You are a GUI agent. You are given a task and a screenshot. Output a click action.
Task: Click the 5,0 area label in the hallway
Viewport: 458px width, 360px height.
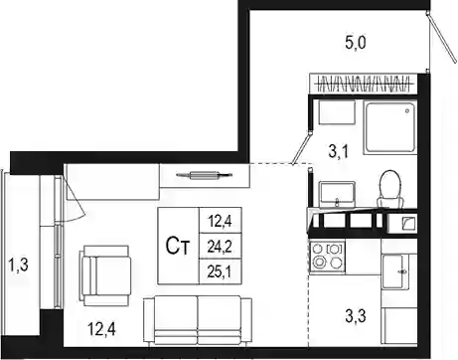pyautogui.click(x=356, y=44)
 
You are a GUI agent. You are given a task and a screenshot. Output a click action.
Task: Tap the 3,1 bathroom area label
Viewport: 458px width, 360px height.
pyautogui.click(x=339, y=152)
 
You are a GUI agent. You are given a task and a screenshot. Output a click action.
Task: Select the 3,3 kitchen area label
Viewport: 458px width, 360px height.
pyautogui.click(x=356, y=316)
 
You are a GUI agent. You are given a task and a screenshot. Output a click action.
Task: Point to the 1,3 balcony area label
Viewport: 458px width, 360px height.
pyautogui.click(x=18, y=266)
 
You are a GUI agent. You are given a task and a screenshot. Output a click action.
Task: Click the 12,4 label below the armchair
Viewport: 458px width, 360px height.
pyautogui.click(x=101, y=329)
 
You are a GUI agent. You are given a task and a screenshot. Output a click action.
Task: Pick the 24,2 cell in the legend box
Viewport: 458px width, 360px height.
pyautogui.click(x=220, y=247)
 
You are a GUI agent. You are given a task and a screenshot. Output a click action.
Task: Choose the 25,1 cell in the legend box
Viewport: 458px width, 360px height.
pyautogui.click(x=220, y=271)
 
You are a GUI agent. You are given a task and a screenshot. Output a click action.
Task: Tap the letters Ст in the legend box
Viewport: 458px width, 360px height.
pyautogui.click(x=178, y=247)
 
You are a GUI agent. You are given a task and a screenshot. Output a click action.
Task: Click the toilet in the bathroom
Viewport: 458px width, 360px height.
pyautogui.click(x=390, y=189)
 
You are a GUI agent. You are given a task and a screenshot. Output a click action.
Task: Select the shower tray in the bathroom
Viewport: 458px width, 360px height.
pyautogui.click(x=389, y=128)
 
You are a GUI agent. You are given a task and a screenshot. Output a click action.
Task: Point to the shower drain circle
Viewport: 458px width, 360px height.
pyautogui.click(x=407, y=111)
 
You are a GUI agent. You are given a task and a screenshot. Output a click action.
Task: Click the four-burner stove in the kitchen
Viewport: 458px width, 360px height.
pyautogui.click(x=327, y=258)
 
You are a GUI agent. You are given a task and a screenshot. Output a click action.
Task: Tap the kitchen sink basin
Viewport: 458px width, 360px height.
pyautogui.click(x=393, y=271)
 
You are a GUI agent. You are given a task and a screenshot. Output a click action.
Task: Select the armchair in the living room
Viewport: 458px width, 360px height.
pyautogui.click(x=104, y=275)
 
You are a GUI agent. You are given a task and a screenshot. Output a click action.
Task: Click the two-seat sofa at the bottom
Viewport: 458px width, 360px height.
pyautogui.click(x=198, y=321)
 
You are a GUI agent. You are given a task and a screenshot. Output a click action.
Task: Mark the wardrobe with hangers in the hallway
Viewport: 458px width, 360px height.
pyautogui.click(x=363, y=84)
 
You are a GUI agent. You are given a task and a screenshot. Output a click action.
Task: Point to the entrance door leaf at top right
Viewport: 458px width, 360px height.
pyautogui.click(x=442, y=37)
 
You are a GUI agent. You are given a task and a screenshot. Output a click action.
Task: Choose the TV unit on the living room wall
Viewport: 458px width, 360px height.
pyautogui.click(x=205, y=175)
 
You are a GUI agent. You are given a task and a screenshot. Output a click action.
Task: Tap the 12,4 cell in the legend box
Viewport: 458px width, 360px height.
pyautogui.click(x=220, y=221)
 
